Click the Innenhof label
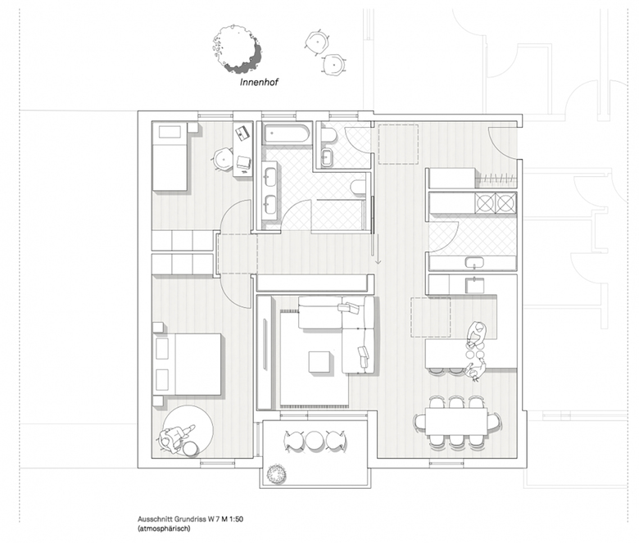tap(259, 83)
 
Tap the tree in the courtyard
tap(237, 49)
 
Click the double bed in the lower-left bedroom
tap(188, 364)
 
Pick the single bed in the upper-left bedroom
tap(170, 156)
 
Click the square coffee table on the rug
tap(318, 362)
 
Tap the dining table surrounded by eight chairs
tap(456, 421)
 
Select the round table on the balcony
tap(315, 440)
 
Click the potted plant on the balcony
tap(276, 473)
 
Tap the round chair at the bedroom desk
tap(223, 159)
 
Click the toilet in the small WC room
tap(328, 135)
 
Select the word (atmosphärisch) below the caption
tap(164, 529)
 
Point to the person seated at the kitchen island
tap(477, 332)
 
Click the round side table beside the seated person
tap(190, 449)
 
